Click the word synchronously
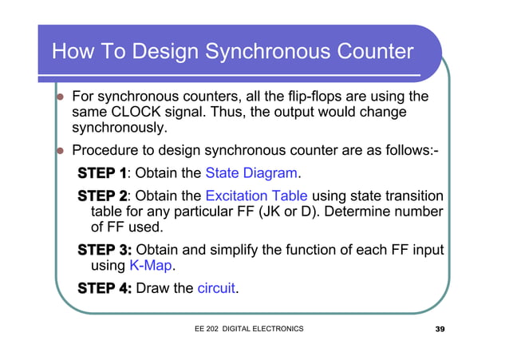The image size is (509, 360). point(120,128)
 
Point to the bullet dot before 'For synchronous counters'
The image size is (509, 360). point(58,97)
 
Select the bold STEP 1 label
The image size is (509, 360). point(101,173)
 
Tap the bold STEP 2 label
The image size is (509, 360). point(101,196)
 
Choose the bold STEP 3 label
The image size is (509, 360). point(104,250)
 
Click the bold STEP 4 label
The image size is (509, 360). point(104,288)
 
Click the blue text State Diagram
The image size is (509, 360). point(251,173)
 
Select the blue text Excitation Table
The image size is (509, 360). point(256,196)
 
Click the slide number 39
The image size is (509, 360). point(440,329)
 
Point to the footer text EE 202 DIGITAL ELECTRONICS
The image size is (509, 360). point(248,329)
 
